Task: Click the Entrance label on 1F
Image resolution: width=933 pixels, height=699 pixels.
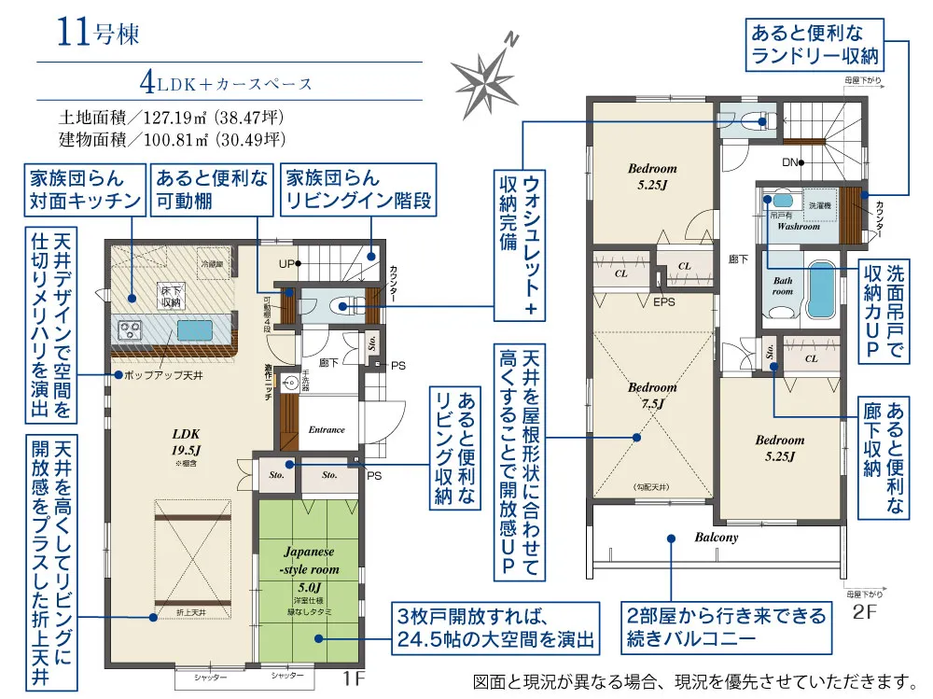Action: (x=327, y=430)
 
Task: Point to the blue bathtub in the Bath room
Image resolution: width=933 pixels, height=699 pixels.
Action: (x=821, y=290)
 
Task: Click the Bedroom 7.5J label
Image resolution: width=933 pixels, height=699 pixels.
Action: (x=651, y=395)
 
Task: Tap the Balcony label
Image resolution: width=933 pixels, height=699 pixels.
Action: (x=717, y=538)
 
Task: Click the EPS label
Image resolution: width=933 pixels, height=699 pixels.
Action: (x=663, y=302)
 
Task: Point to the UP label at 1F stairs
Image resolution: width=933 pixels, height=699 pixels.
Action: (x=286, y=264)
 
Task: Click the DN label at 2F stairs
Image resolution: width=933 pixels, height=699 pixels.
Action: (x=790, y=162)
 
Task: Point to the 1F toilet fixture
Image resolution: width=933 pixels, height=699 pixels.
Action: (x=337, y=304)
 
